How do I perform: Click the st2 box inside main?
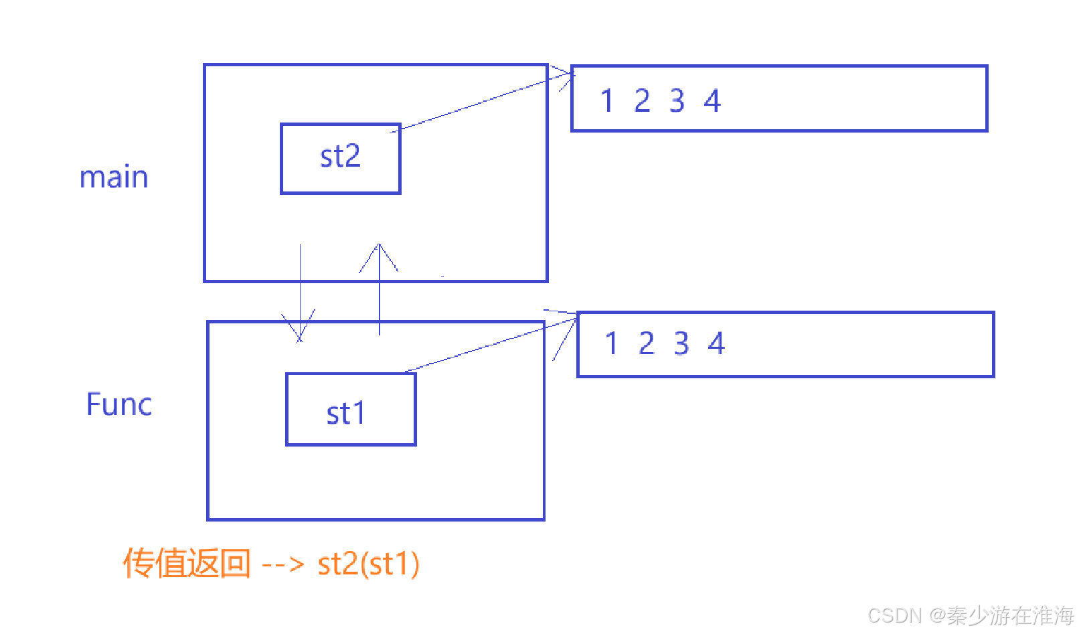[x=340, y=158]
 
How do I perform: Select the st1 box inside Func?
[x=351, y=409]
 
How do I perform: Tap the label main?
[x=114, y=177]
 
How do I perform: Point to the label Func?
[x=119, y=404]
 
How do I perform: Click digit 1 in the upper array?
[x=606, y=101]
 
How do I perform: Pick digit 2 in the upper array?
[x=642, y=101]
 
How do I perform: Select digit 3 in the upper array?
[x=677, y=101]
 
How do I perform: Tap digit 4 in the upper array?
[x=712, y=101]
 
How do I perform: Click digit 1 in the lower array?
[x=610, y=343]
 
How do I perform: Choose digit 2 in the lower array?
[x=646, y=343]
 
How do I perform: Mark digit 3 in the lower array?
[x=681, y=343]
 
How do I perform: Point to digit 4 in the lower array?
[x=716, y=343]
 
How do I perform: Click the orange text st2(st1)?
[x=369, y=564]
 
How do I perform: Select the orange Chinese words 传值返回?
[x=187, y=563]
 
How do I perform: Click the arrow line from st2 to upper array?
[x=482, y=102]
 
